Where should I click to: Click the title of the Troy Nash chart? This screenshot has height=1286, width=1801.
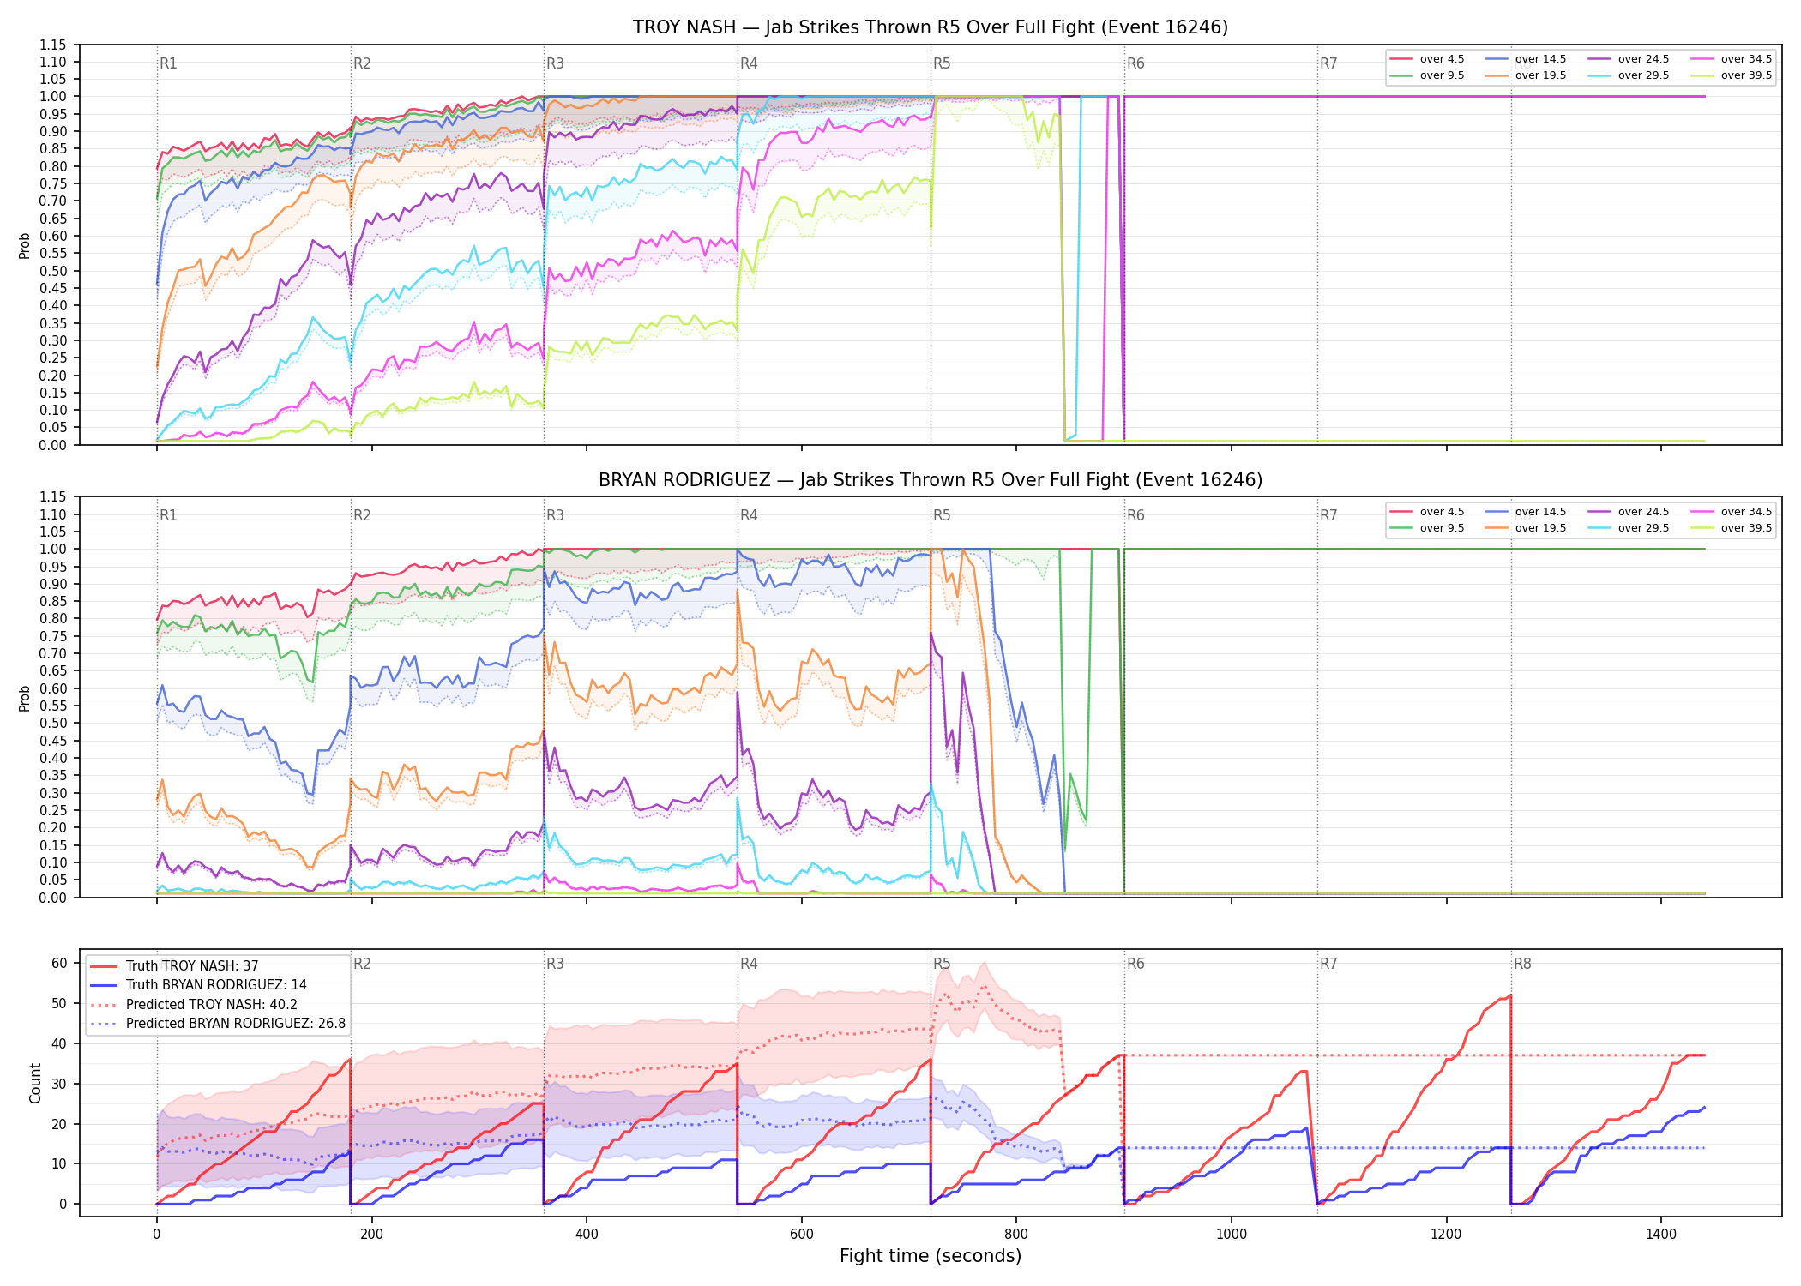click(x=931, y=27)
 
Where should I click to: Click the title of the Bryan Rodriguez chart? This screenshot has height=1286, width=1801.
click(x=931, y=480)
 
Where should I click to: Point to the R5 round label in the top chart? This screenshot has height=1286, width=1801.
click(x=942, y=63)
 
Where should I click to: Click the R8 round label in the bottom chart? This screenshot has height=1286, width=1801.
click(x=1522, y=964)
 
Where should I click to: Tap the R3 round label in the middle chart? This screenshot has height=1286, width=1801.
click(x=555, y=515)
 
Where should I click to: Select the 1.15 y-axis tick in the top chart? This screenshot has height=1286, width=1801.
click(x=53, y=45)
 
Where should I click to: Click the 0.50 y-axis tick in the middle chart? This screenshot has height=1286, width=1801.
click(x=53, y=723)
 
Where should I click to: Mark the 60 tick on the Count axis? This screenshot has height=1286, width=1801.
click(x=59, y=963)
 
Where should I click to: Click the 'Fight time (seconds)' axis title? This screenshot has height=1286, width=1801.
click(x=931, y=1256)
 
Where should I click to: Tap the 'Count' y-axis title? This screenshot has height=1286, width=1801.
click(x=35, y=1083)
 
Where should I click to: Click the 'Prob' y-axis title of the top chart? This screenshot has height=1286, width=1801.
click(x=24, y=245)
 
